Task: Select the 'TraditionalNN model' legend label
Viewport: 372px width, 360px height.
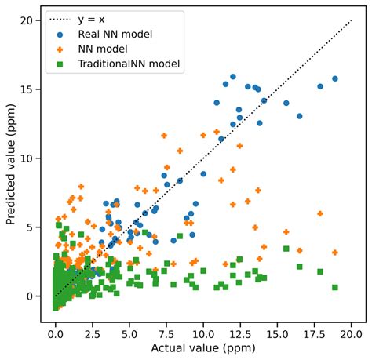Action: (x=126, y=65)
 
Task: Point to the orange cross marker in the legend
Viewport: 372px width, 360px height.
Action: (x=61, y=49)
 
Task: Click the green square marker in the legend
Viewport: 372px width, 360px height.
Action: (x=61, y=65)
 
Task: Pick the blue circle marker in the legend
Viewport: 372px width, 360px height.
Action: (x=61, y=34)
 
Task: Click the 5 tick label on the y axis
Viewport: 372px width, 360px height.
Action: (x=30, y=227)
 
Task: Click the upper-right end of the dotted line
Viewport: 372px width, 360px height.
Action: (x=351, y=20)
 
